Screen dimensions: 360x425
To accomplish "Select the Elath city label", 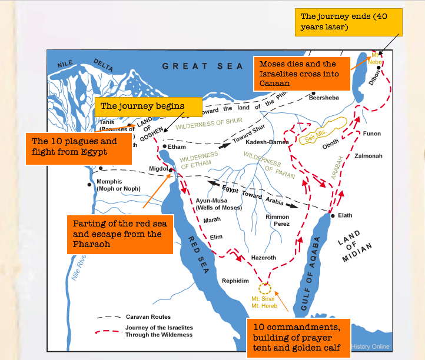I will coord(345,215).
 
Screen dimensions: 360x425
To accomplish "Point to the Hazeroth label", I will coord(263,258).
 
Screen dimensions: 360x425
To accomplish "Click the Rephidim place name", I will coord(235,281).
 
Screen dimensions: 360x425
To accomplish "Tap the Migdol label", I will coord(158,168).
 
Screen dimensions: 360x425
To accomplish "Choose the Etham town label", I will coord(177,146).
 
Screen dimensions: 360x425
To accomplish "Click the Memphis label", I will coord(110,182).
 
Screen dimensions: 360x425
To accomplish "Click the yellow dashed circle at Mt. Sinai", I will coord(265,289).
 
